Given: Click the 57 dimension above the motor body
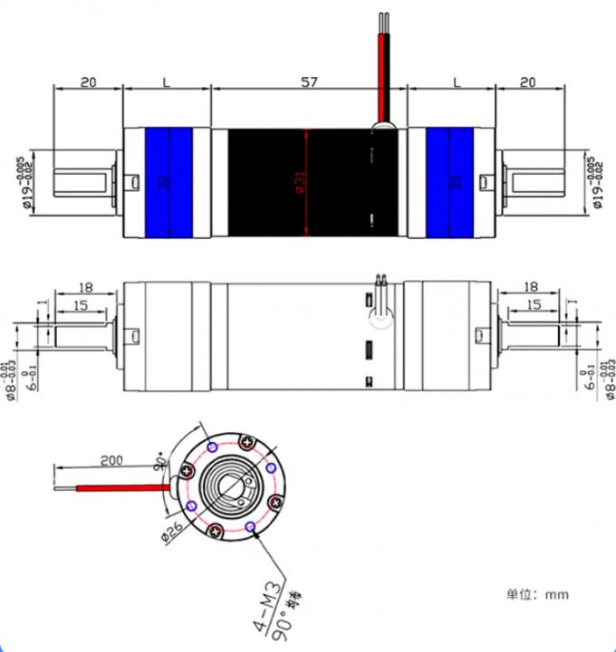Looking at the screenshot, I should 309,81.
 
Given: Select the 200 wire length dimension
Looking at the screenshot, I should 111,460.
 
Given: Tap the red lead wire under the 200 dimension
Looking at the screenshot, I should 118,487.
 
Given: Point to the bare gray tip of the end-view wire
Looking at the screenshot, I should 64,490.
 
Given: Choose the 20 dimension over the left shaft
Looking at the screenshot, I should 88,81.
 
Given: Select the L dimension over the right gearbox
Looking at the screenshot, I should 455,81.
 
